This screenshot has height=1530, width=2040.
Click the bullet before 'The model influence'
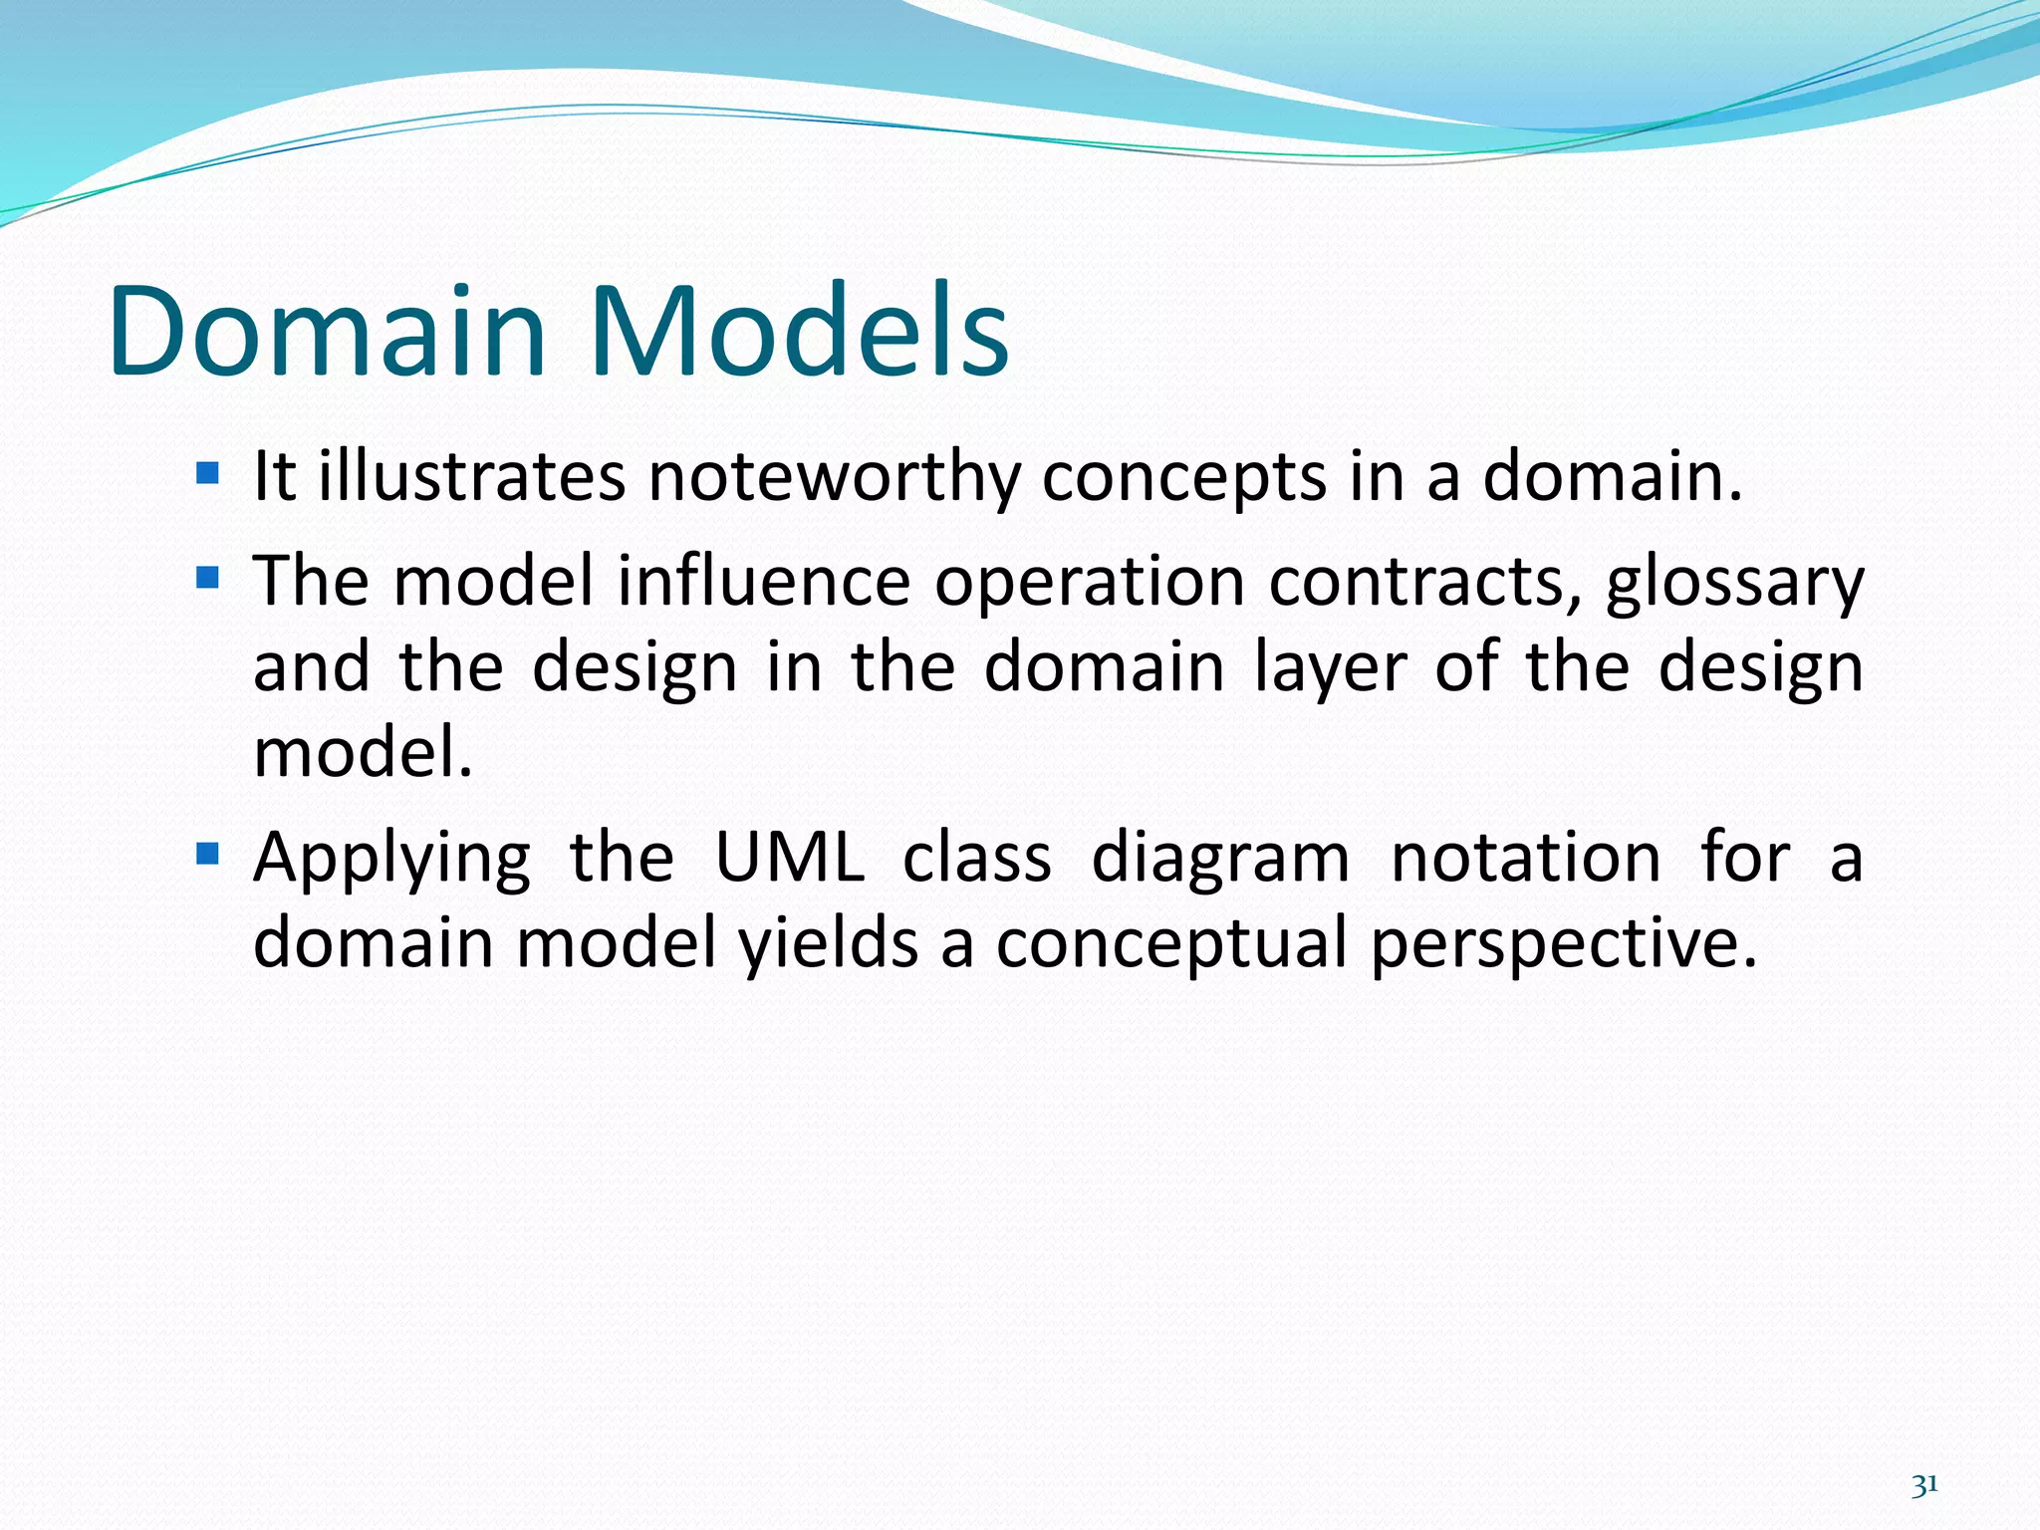pyautogui.click(x=207, y=577)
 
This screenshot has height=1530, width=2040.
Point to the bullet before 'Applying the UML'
pyautogui.click(x=207, y=854)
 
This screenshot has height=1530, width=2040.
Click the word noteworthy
pyautogui.click(x=834, y=476)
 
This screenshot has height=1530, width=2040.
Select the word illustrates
pyautogui.click(x=472, y=476)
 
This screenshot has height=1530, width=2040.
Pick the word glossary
pyautogui.click(x=1734, y=582)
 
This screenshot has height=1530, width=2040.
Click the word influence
pyautogui.click(x=764, y=582)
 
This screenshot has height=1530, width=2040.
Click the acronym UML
pyautogui.click(x=789, y=858)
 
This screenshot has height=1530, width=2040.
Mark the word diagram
pyautogui.click(x=1220, y=858)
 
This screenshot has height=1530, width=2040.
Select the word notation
pyautogui.click(x=1525, y=858)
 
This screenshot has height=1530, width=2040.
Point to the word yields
pyautogui.click(x=829, y=943)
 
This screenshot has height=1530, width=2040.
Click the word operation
pyautogui.click(x=1090, y=582)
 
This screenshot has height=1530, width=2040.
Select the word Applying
pyautogui.click(x=391, y=858)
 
